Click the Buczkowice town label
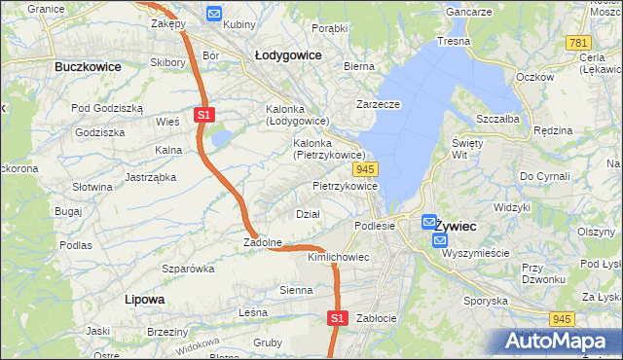click(x=88, y=67)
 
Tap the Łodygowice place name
click(x=287, y=55)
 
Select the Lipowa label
click(x=145, y=299)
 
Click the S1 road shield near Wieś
click(x=203, y=115)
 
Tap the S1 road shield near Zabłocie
click(x=337, y=317)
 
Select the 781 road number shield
click(x=579, y=43)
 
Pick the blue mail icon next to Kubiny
click(x=214, y=14)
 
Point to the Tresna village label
click(x=454, y=41)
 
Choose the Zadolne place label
click(x=263, y=242)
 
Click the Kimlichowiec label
click(x=338, y=257)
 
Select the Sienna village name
click(x=296, y=290)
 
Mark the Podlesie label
click(x=375, y=226)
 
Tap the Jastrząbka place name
click(x=150, y=177)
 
